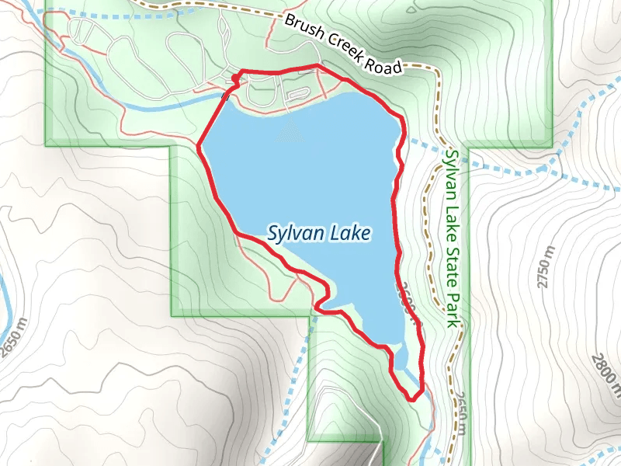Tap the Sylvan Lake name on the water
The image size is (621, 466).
318,232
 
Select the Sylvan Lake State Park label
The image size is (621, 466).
454,237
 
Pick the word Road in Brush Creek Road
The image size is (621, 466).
387,61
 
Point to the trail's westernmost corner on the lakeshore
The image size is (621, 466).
199,144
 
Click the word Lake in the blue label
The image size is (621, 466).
349,232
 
